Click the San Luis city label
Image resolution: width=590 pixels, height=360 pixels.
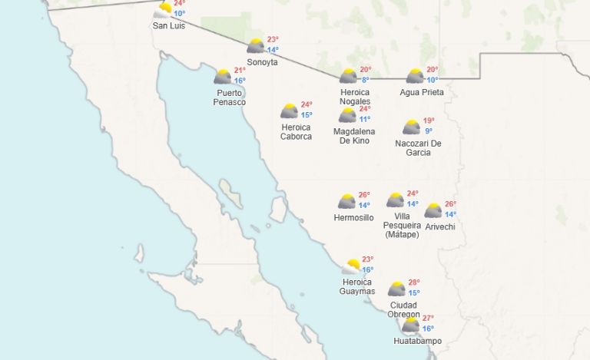coord(168,25)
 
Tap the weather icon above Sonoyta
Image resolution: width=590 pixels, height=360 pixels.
coord(256,46)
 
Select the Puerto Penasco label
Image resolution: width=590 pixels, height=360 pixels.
coord(230,97)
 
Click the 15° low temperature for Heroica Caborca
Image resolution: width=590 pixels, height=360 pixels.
coord(307,115)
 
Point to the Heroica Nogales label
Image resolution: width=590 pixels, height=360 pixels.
coord(355,97)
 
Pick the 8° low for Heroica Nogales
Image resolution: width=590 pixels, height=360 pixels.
coord(366,80)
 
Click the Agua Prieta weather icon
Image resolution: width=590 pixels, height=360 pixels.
coord(415,76)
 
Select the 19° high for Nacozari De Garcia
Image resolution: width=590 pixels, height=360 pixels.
coord(429,121)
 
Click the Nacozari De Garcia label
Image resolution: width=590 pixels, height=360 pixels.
coord(419,147)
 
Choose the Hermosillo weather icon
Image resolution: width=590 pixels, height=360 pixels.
coord(346,202)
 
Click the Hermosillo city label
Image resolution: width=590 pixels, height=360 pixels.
coord(354,217)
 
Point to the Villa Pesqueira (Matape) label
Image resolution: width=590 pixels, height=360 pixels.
coord(402,226)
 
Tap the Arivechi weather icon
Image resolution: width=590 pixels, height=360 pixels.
coord(433,210)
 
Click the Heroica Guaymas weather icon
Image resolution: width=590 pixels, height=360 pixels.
coord(351,266)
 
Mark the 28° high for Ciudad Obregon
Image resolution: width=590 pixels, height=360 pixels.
coord(414,282)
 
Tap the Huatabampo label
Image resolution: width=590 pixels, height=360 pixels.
coord(417,341)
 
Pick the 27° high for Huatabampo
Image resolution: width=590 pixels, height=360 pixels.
coord(428,318)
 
